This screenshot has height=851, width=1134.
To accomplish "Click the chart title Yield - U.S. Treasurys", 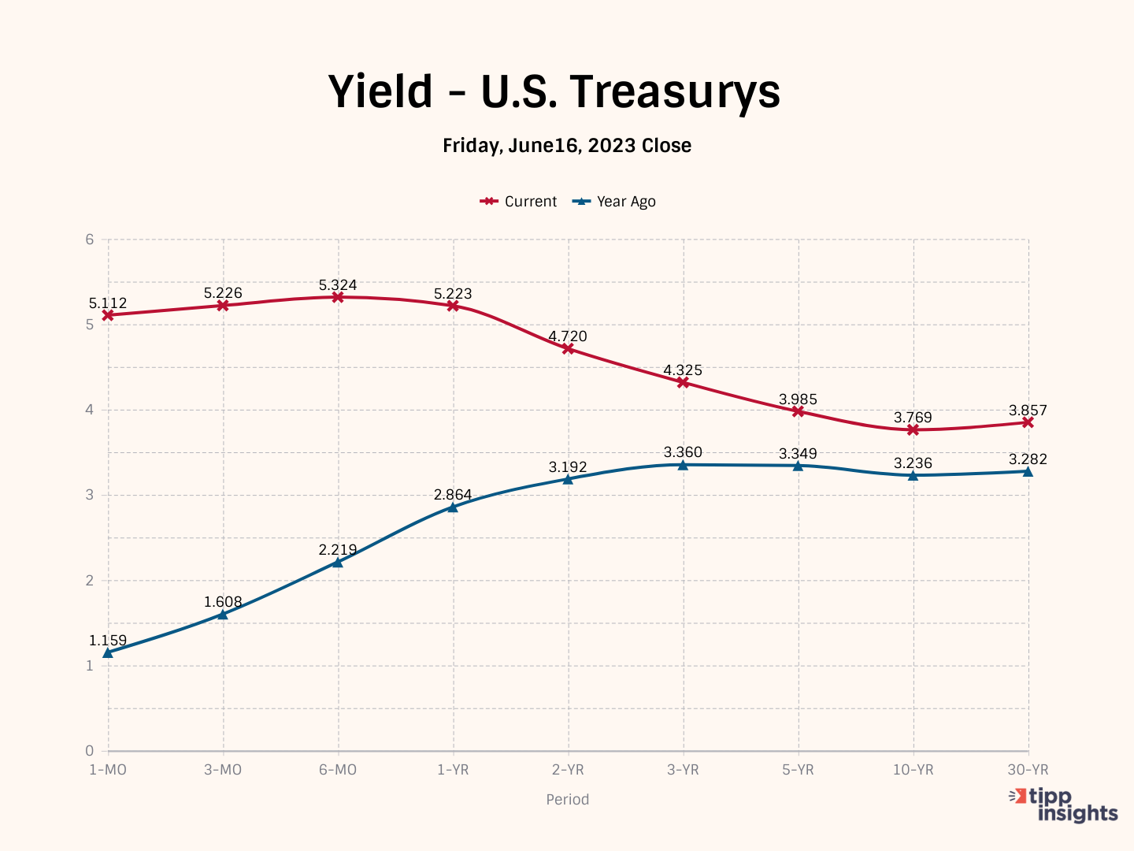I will click(554, 91).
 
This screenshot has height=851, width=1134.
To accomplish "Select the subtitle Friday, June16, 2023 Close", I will click(567, 146).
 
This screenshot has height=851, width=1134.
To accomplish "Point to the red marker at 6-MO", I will click(338, 297).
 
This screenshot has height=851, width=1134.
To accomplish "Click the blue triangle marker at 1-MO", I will click(108, 652).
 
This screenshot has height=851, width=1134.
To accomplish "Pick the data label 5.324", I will click(338, 285).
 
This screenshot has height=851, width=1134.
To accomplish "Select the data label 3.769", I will click(913, 418).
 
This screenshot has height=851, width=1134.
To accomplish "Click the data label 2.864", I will click(453, 495).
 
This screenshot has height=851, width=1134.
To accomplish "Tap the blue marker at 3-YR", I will click(683, 465).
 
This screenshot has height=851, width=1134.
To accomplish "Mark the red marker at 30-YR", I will click(1028, 422).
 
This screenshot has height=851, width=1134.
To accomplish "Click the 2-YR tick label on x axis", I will click(568, 770).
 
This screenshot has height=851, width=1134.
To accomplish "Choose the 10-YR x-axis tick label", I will click(913, 770).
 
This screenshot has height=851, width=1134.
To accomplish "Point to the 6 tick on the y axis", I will click(90, 240).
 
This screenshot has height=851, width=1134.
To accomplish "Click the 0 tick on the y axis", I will click(90, 751).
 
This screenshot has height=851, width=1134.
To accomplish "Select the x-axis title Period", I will click(567, 800).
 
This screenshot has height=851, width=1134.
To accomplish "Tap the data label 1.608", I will click(223, 602).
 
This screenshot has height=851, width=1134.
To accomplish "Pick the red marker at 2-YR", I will click(568, 348).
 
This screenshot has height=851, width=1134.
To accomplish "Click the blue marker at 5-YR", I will click(798, 466).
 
